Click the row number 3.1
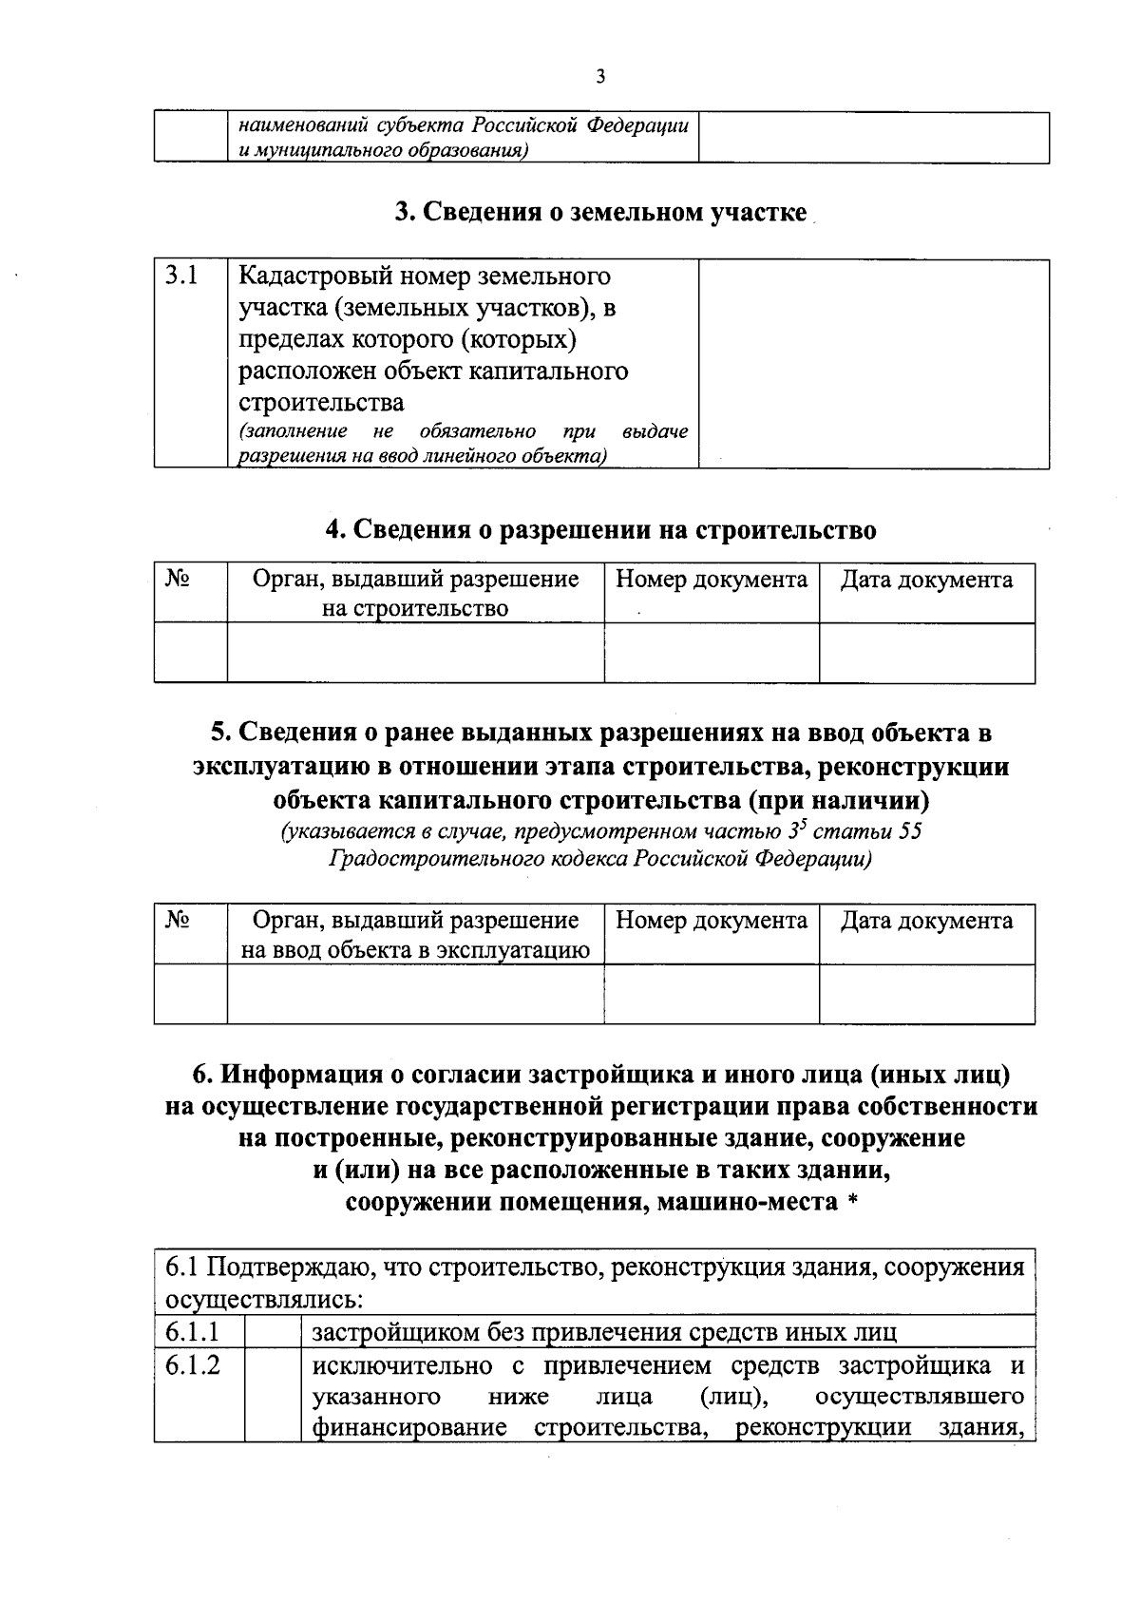point(181,276)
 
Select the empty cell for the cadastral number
point(873,363)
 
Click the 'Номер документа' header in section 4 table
point(712,580)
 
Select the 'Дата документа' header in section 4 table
point(926,580)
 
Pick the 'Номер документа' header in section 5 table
point(712,920)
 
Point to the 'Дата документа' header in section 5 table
point(926,920)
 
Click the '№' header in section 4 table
point(178,579)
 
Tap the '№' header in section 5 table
point(178,919)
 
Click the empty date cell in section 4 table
point(926,653)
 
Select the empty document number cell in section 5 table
point(712,994)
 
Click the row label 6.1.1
point(192,1331)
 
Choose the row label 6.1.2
point(192,1366)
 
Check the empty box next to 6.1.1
point(273,1331)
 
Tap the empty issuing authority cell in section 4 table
point(415,653)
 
